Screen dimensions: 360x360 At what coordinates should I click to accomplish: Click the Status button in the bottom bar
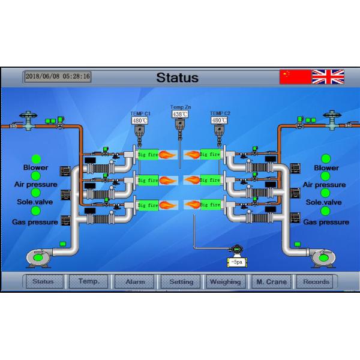click(x=43, y=281)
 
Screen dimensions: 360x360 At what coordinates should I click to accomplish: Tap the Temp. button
click(x=89, y=281)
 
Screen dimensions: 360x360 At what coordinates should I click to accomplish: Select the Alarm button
click(x=134, y=281)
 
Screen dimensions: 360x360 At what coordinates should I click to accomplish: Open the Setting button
click(x=181, y=281)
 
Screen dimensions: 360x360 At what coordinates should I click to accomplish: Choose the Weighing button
click(x=226, y=281)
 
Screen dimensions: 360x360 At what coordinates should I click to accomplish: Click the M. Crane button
click(x=271, y=281)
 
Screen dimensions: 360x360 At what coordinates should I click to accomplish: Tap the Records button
click(x=316, y=281)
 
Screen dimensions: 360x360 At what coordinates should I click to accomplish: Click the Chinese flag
click(x=295, y=76)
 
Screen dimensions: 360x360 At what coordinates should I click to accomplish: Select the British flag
click(x=328, y=76)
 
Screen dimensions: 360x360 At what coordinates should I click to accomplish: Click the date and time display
click(x=58, y=76)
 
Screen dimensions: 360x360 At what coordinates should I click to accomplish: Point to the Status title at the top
click(x=177, y=77)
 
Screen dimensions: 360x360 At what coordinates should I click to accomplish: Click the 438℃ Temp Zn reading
click(x=180, y=113)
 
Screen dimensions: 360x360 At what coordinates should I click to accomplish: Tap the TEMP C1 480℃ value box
click(x=140, y=120)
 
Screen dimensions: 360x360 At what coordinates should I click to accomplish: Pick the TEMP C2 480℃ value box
click(x=220, y=120)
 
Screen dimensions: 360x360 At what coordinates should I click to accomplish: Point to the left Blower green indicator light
click(x=36, y=159)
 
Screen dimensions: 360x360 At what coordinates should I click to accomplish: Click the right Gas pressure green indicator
click(x=326, y=211)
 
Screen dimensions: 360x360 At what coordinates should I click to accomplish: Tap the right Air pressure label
click(x=325, y=185)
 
